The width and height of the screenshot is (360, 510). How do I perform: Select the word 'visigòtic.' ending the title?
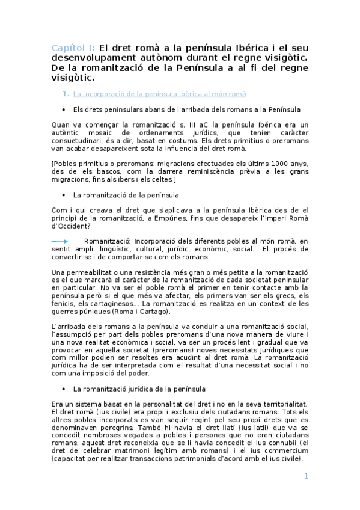point(74,78)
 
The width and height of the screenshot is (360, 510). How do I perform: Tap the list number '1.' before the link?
point(66,94)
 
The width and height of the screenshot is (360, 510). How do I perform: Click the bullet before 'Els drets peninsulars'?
point(64,109)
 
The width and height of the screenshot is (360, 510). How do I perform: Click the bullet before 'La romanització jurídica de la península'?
point(64,389)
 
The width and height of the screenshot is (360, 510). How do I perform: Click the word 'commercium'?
point(281,452)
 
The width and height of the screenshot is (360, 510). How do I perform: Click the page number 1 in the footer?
point(306,476)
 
